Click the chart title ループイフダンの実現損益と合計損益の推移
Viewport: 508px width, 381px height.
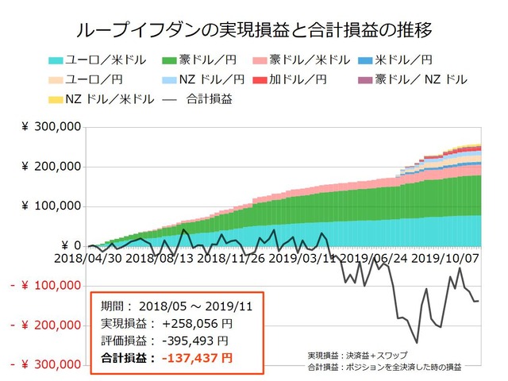254,31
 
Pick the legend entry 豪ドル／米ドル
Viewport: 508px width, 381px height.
310,60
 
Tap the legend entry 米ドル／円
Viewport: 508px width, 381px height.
405,60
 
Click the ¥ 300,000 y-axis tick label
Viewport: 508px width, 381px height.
51,127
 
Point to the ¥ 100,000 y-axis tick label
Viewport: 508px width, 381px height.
51,206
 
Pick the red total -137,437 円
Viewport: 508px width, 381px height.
198,358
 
